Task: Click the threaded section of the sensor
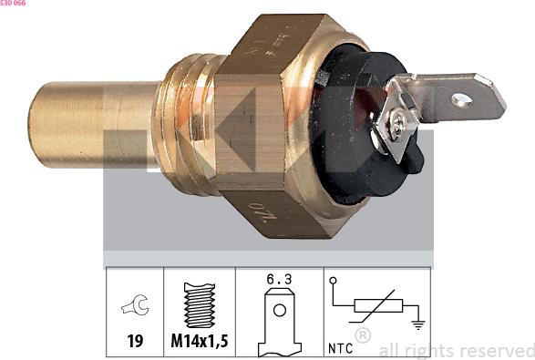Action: (x=187, y=125)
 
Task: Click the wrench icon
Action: (x=135, y=307)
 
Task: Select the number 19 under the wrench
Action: (x=135, y=343)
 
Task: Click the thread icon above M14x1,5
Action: (x=199, y=305)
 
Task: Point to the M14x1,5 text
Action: (x=199, y=343)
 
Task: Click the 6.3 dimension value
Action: (x=280, y=283)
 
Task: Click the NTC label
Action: (x=340, y=347)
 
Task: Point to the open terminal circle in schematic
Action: (x=334, y=282)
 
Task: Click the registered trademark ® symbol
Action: (x=362, y=335)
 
